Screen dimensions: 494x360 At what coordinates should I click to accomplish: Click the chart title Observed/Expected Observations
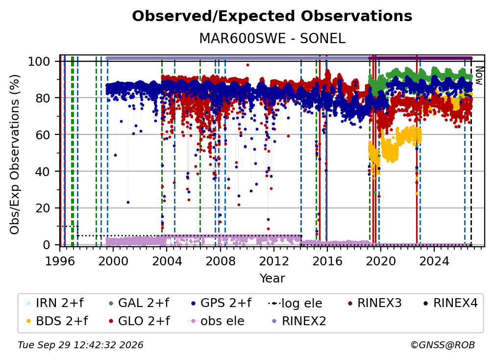pos(272,16)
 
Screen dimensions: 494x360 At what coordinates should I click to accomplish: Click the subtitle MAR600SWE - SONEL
pos(272,39)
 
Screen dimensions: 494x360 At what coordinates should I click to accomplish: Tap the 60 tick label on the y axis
pos(43,134)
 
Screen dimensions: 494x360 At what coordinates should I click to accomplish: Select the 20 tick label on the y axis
pos(43,208)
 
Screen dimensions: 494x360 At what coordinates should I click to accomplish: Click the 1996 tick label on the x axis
pos(60,261)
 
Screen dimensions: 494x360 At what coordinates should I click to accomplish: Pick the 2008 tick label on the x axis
pos(220,261)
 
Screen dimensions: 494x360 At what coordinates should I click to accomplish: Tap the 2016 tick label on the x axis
pos(327,261)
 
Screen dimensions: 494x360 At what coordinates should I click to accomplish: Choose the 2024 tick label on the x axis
pos(434,261)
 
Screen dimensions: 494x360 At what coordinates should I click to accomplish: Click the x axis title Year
pos(272,278)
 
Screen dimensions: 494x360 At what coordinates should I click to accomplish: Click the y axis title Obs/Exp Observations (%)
pos(15,154)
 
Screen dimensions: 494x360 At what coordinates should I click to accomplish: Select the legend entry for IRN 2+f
pos(55,303)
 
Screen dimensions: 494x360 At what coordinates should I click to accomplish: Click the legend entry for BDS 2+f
pos(57,321)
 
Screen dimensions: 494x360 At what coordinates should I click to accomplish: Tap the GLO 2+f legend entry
pos(139,321)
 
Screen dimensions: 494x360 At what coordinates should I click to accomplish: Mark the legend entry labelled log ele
pos(295,303)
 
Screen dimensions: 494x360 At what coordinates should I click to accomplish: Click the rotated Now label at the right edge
pos(479,76)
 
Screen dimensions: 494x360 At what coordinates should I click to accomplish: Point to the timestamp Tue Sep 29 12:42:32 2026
pos(80,345)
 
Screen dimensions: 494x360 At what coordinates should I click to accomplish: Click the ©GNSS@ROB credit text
pos(443,345)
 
